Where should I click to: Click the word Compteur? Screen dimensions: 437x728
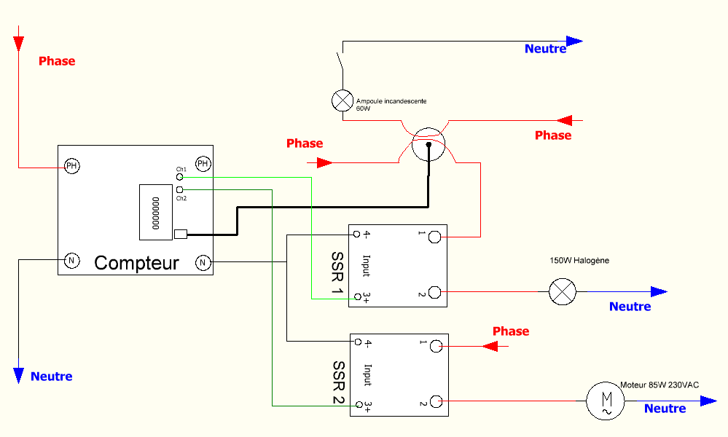coord(136,263)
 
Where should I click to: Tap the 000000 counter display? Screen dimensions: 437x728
coord(154,212)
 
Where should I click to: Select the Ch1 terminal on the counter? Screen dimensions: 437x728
coord(180,176)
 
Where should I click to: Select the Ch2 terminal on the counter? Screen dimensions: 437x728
coord(180,189)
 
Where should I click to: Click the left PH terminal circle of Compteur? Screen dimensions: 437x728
coord(71,166)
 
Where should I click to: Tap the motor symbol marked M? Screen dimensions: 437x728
coord(606,401)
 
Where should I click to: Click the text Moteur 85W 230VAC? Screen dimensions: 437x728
coord(659,385)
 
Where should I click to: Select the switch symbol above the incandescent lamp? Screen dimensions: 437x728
coord(340,61)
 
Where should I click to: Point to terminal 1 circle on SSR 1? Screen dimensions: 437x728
coord(435,237)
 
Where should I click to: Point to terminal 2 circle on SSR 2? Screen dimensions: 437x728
coord(436,401)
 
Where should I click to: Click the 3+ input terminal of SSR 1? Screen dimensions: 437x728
coord(356,297)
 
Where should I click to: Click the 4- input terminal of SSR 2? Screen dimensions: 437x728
coord(357,341)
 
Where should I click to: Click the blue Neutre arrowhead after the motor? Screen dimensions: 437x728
coord(708,401)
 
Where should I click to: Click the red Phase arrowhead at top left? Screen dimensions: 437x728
coord(18,43)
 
